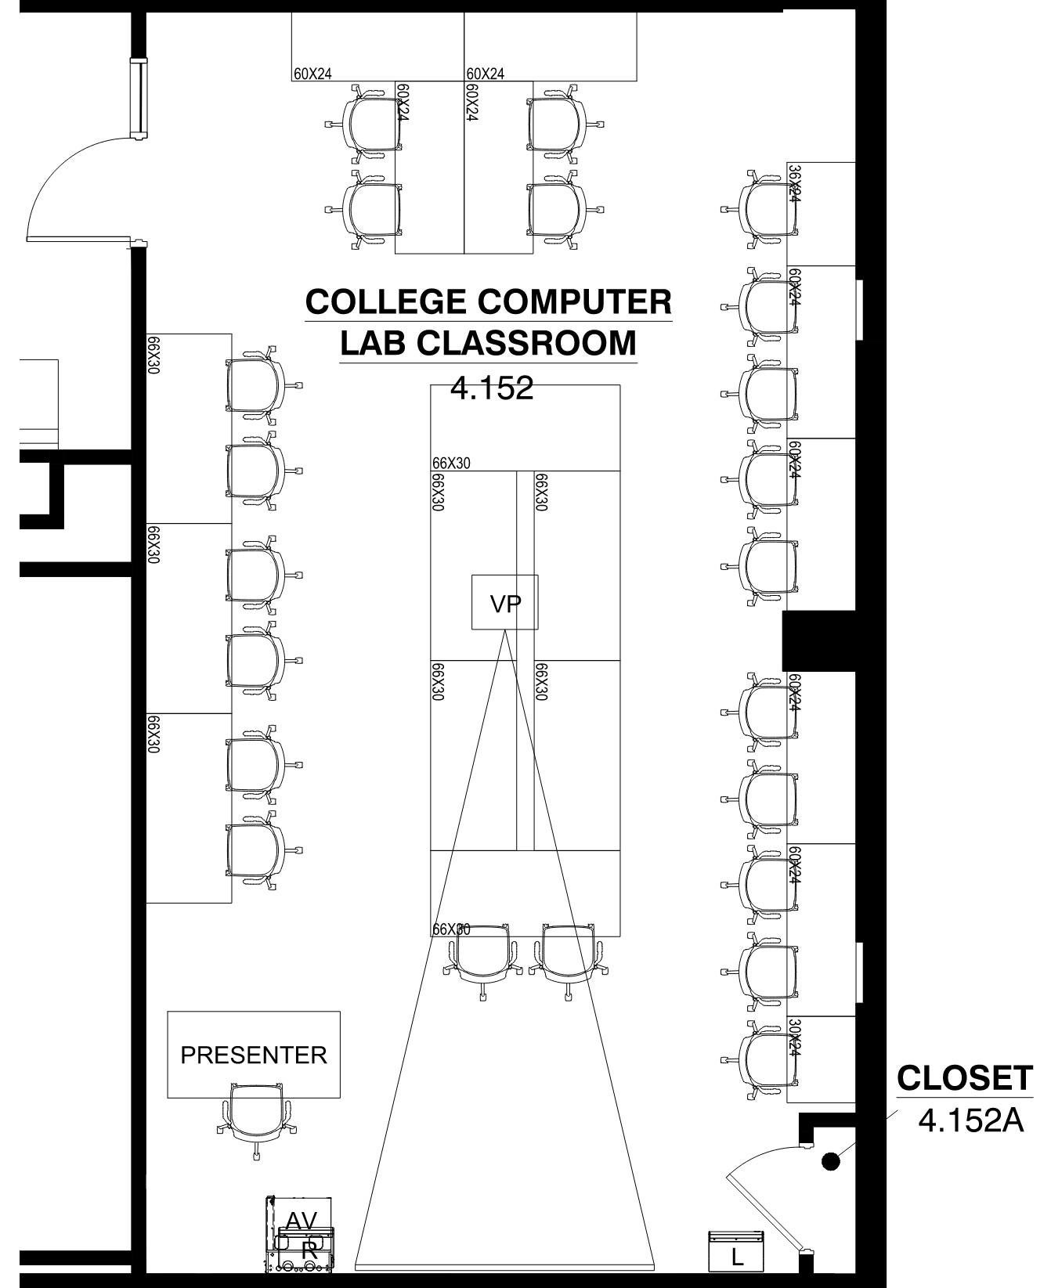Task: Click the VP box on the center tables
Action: click(x=504, y=602)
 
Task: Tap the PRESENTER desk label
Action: click(x=254, y=1055)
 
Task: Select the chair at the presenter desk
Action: click(x=256, y=1112)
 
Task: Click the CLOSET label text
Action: click(x=964, y=1078)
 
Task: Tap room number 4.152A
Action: click(x=970, y=1120)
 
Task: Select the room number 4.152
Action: click(x=492, y=388)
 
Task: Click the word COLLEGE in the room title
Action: click(x=385, y=302)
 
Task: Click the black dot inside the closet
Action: click(x=831, y=1161)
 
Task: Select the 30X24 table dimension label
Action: click(x=794, y=1037)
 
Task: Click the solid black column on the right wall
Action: click(x=818, y=640)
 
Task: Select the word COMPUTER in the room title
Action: click(x=574, y=302)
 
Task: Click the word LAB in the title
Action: click(x=372, y=343)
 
